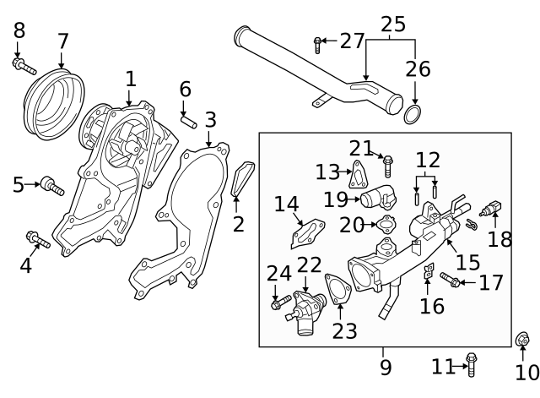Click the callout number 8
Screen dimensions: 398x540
coord(19,30)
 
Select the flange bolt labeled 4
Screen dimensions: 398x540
coord(38,240)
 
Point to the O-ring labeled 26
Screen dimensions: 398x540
coord(413,113)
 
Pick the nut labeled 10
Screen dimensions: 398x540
coord(521,341)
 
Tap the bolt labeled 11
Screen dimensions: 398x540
coord(471,364)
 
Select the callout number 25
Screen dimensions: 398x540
coord(392,24)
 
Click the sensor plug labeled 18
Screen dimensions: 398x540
coord(493,207)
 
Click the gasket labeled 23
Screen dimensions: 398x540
coord(338,293)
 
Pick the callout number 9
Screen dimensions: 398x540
coord(385,368)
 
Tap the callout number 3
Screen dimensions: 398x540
coord(210,119)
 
